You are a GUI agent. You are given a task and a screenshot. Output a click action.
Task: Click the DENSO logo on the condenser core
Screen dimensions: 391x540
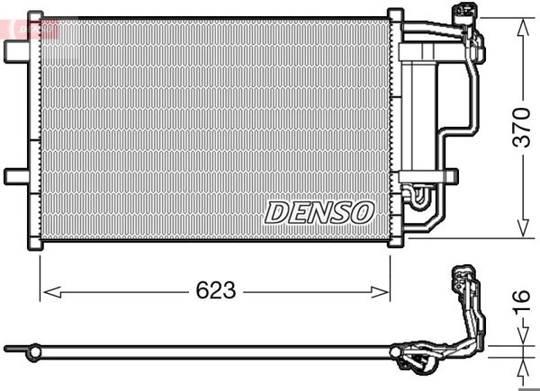point(319,212)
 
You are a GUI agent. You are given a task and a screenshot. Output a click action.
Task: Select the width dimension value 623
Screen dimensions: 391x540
point(216,291)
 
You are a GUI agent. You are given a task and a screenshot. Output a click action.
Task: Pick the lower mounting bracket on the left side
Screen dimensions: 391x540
point(16,175)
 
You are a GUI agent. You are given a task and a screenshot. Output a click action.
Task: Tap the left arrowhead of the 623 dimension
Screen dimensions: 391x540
point(47,291)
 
